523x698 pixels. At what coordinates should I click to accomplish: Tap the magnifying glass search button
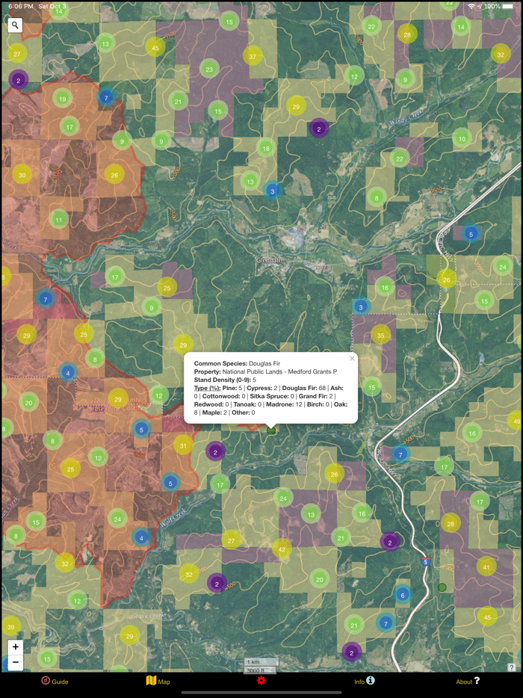[15, 25]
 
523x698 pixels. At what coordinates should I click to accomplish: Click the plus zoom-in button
[15, 647]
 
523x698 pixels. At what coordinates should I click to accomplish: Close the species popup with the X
[352, 359]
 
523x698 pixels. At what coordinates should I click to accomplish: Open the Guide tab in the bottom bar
[55, 681]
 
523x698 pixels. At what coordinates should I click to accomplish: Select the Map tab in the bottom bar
[158, 681]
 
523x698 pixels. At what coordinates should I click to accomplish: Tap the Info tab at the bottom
[364, 681]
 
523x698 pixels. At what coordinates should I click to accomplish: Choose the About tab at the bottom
[468, 681]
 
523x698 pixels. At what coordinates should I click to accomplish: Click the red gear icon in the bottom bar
[261, 680]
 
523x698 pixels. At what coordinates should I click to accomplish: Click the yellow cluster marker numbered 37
[253, 56]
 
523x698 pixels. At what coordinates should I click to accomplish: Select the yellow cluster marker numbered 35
[381, 335]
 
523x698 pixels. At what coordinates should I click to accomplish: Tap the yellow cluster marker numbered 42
[282, 549]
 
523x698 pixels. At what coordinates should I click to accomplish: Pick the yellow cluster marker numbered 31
[183, 446]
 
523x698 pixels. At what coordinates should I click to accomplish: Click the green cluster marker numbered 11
[58, 220]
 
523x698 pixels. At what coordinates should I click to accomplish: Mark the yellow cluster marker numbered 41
[486, 566]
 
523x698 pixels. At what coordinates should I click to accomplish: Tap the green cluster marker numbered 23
[209, 70]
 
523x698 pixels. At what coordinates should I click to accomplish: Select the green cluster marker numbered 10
[462, 138]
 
